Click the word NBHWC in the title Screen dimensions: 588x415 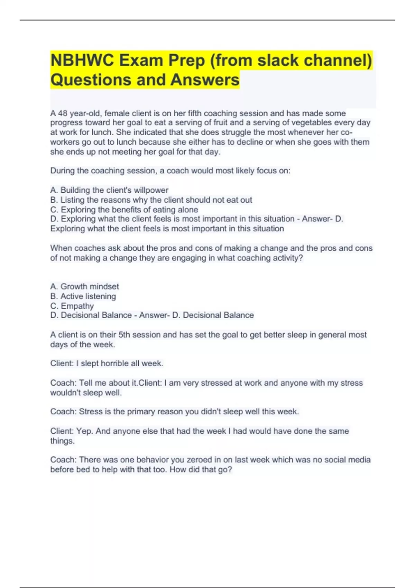pos(82,61)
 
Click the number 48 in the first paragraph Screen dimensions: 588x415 pos(63,113)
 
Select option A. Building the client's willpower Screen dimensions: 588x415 pos(109,190)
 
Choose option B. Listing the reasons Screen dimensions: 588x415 pos(151,200)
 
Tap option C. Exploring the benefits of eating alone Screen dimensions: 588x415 pos(124,209)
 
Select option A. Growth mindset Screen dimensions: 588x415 pos(84,286)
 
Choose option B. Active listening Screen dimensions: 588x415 pos(83,296)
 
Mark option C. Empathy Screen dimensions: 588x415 pos(72,306)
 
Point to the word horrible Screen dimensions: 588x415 pos(121,363)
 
